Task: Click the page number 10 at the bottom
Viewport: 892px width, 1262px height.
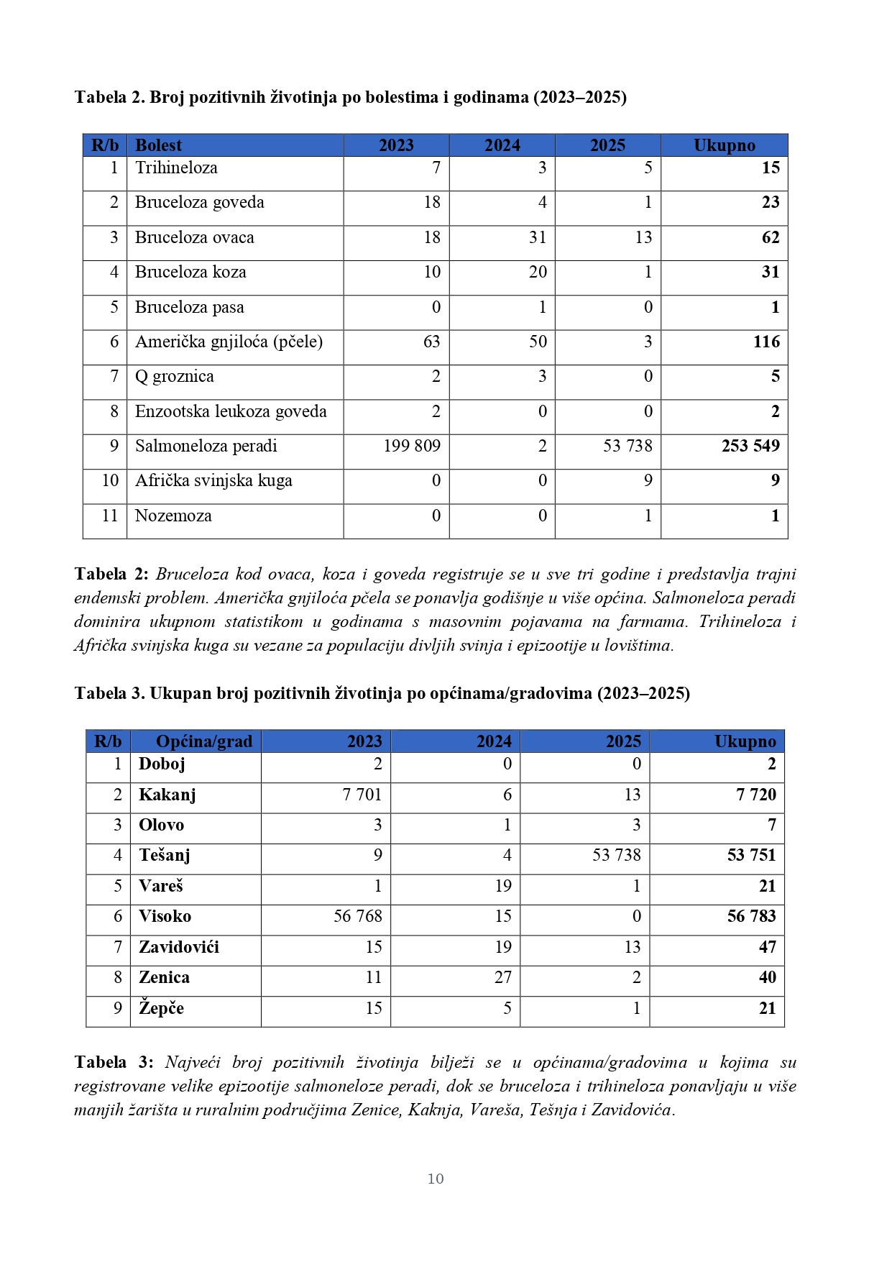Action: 436,1179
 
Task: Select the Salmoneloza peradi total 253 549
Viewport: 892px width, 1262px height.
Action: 750,446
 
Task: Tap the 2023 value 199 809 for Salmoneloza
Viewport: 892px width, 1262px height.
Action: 412,446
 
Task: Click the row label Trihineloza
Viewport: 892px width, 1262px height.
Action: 176,168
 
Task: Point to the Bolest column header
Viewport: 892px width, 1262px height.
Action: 158,145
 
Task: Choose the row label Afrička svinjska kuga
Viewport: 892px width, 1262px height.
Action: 213,480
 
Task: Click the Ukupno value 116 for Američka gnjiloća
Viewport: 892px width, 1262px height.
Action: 766,342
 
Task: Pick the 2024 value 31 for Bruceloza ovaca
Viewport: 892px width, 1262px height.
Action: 538,237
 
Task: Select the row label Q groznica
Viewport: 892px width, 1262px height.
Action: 175,376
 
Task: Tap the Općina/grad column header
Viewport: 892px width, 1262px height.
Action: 204,741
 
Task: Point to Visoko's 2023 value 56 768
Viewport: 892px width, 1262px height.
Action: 358,916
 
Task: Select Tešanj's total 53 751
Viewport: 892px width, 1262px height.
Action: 752,855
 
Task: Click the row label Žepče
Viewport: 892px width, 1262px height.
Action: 162,1008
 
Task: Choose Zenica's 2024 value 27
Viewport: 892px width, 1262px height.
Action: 503,977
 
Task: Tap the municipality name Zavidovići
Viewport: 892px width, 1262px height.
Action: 179,947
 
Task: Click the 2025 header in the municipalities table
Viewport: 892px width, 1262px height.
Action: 623,741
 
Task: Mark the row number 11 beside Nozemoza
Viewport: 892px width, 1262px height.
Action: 110,516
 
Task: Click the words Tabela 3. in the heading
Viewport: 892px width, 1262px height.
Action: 110,693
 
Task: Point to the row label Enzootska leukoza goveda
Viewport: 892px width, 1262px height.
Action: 231,411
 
